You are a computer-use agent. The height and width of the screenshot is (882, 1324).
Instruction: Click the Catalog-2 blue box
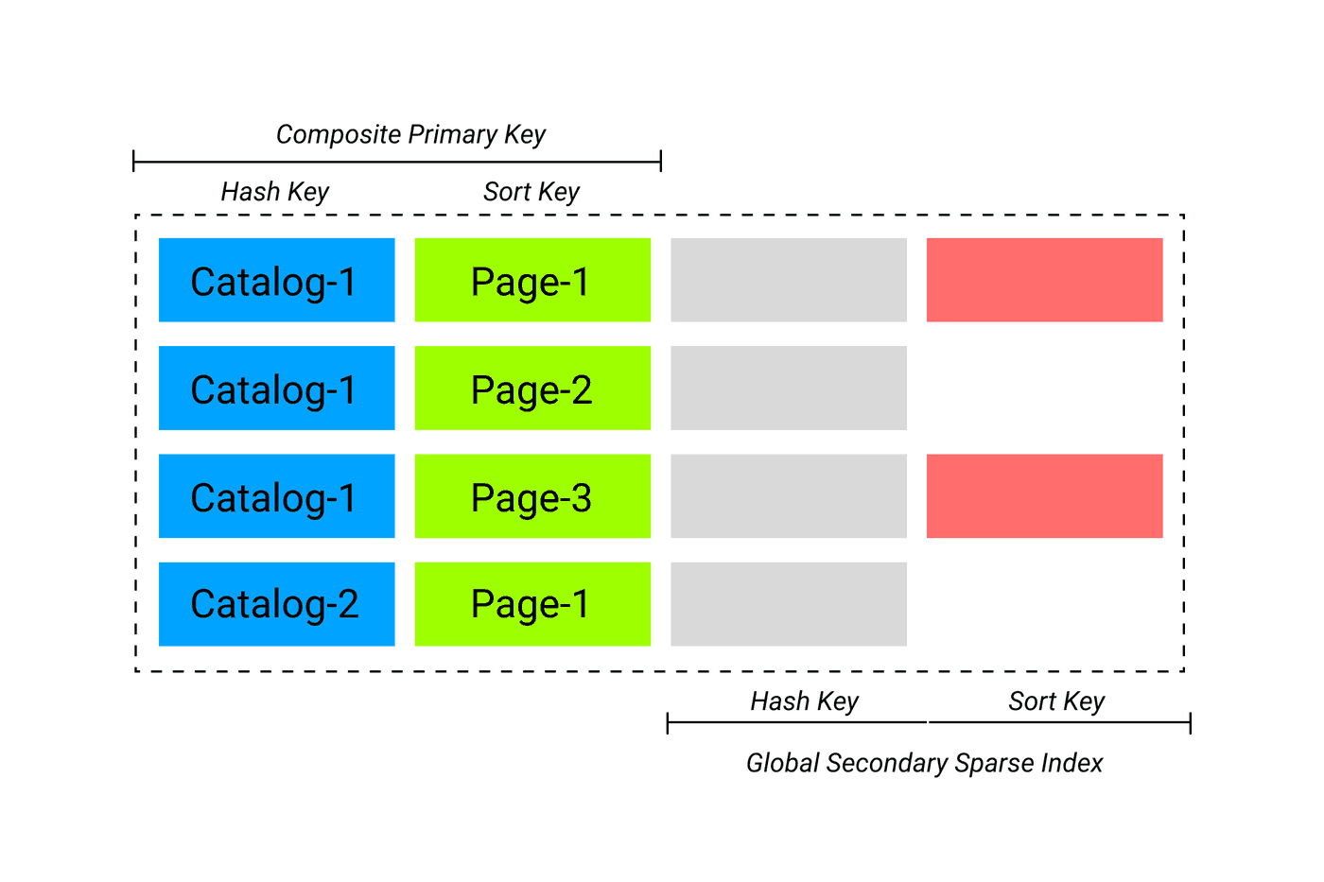[276, 604]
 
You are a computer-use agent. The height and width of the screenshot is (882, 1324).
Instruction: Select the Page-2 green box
[532, 389]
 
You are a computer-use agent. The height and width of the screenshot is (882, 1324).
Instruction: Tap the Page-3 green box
[532, 496]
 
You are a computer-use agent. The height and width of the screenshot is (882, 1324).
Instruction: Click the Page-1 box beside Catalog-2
[532, 604]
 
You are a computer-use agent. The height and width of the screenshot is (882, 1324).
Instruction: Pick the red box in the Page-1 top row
[1044, 280]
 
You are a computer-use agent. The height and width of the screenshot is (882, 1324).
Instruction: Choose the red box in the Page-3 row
[1044, 496]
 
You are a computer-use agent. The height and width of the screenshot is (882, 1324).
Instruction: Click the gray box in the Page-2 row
[789, 389]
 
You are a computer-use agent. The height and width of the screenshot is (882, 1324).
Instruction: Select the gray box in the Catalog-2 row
[789, 604]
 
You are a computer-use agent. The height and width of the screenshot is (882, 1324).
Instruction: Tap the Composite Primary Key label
[410, 134]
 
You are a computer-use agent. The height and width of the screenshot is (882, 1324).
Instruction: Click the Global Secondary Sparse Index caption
[924, 763]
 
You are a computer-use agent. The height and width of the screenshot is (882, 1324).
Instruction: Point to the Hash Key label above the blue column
[274, 192]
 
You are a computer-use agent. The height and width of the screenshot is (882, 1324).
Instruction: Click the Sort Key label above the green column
[531, 192]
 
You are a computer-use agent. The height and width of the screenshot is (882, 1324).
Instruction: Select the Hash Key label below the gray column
[804, 701]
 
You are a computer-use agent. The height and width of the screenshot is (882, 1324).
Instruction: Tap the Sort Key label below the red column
[1056, 701]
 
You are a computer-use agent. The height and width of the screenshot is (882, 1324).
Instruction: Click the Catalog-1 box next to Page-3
[276, 496]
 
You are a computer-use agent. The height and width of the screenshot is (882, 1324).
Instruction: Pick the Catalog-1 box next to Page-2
[276, 389]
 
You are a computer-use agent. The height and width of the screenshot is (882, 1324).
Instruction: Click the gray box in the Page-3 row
[789, 496]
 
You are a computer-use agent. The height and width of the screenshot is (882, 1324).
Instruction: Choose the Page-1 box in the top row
[532, 280]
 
